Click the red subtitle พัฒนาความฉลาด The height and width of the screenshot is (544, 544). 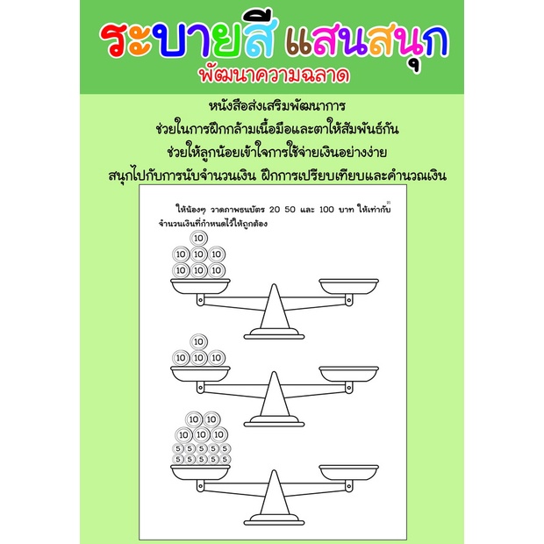274,75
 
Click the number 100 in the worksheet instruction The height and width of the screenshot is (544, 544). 326,209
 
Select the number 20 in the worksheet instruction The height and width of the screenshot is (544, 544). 274,209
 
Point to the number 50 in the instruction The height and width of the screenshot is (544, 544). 290,209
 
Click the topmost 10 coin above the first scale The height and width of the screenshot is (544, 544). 199,238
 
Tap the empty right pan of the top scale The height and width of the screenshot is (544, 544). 348,286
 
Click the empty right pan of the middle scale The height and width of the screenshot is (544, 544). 348,374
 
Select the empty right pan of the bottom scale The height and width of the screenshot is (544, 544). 348,473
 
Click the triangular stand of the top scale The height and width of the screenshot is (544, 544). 274,307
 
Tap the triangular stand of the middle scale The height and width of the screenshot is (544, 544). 274,395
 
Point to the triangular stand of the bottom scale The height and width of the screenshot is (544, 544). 274,493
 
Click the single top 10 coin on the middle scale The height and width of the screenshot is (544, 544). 199,341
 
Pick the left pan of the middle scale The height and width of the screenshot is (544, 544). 200,374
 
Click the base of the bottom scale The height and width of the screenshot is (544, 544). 274,519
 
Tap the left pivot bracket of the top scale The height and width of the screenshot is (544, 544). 200,300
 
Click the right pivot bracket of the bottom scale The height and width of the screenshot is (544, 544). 349,486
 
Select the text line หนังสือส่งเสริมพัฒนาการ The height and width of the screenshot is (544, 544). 277,106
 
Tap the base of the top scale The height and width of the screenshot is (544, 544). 274,333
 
